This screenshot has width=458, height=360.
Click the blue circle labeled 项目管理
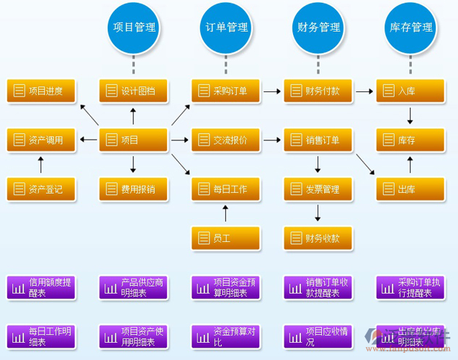coord(134,27)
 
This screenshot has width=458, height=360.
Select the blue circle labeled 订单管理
coord(226,27)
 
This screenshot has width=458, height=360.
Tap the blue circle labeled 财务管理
coord(318,27)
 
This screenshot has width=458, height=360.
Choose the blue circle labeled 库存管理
coord(411,27)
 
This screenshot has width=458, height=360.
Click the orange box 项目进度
coord(41,91)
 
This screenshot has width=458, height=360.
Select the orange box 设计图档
coord(133,91)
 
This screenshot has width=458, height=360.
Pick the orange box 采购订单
coord(225,91)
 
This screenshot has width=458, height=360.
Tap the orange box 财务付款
coord(318,91)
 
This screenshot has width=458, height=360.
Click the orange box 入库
coord(410,91)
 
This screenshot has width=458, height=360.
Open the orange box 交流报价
coord(225,140)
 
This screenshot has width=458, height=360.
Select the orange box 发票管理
coord(318,189)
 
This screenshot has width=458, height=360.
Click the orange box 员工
coord(225,238)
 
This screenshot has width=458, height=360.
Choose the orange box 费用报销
coord(133,189)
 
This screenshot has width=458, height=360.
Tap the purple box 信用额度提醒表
coord(41,288)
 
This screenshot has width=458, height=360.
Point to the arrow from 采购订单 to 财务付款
coord(271,91)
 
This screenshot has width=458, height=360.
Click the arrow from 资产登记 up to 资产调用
coord(40,165)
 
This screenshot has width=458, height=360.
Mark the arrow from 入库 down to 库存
coord(410,115)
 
